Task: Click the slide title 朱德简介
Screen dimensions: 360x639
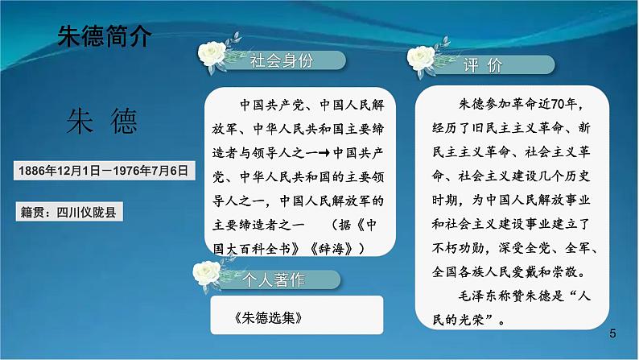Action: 105,36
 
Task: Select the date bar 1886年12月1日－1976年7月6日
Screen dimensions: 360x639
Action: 105,171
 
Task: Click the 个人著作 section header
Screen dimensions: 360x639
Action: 274,280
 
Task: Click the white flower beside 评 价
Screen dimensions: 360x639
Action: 422,59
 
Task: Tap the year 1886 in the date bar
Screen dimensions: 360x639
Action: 35,171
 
